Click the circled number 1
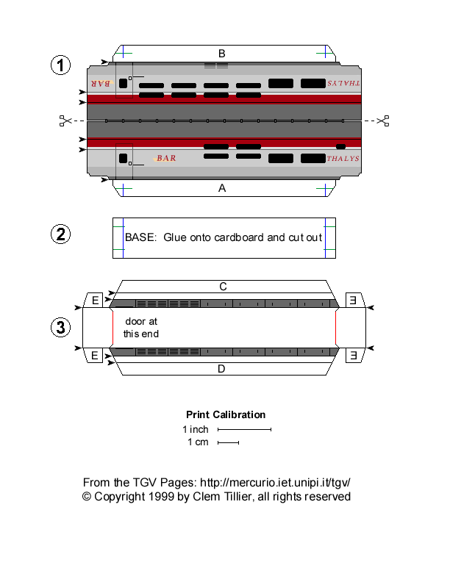point(61,65)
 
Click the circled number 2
point(61,235)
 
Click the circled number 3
point(61,327)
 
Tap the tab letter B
point(221,53)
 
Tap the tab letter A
point(221,188)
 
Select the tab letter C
point(222,286)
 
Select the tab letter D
point(221,369)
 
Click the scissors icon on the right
point(382,121)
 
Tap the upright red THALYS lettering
point(343,159)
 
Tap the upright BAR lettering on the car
point(166,158)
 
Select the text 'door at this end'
point(140,328)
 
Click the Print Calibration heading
point(226,414)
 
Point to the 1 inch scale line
point(245,429)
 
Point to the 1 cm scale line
point(229,442)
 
